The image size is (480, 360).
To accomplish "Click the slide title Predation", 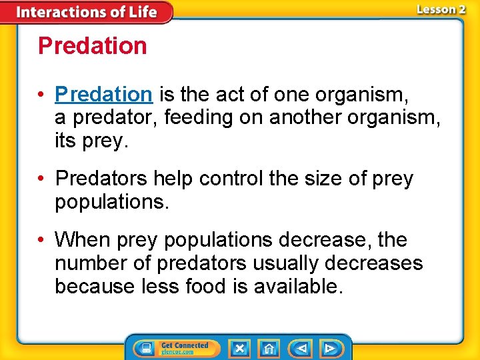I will (92, 46).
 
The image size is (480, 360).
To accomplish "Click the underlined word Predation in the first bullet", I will (104, 95).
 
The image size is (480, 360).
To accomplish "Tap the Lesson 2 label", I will (441, 9).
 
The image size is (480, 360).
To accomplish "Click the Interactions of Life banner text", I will (86, 12).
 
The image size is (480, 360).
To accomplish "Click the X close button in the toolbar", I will (239, 348).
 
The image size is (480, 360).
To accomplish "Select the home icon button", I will (269, 348).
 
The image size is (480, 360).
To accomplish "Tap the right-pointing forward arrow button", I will (330, 348).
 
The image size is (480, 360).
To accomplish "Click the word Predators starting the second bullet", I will (101, 179).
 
